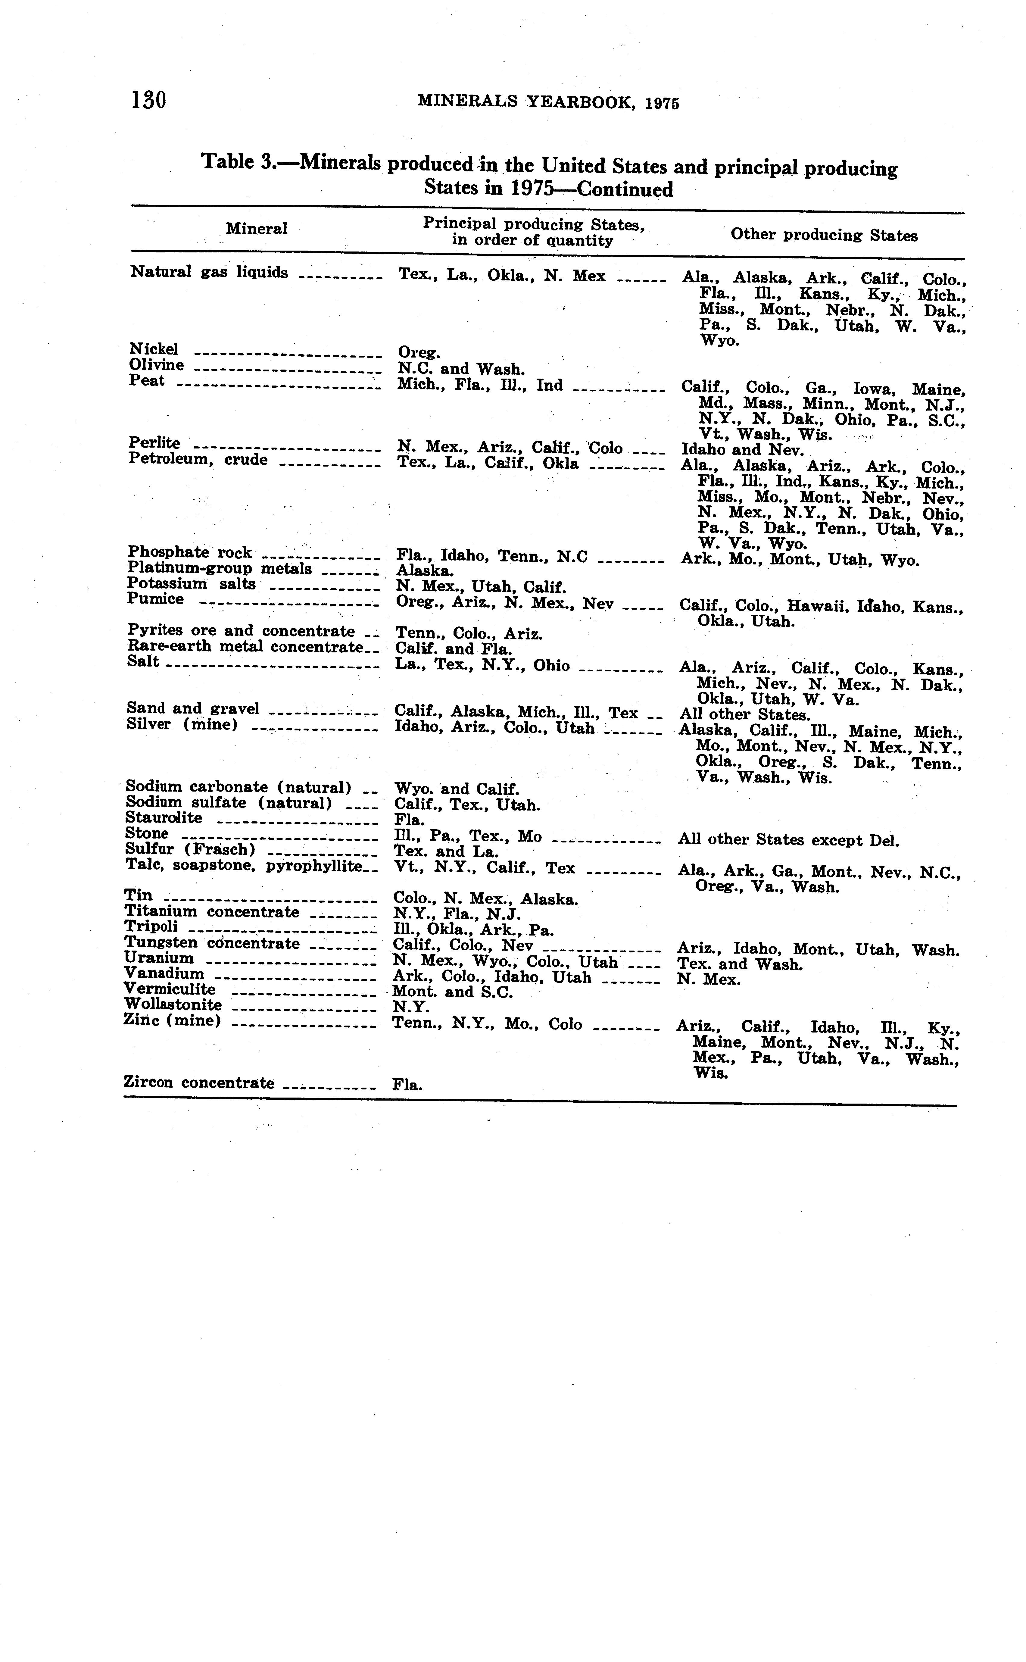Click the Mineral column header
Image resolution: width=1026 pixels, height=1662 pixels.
(257, 229)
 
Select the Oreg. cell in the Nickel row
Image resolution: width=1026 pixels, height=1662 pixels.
(419, 353)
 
